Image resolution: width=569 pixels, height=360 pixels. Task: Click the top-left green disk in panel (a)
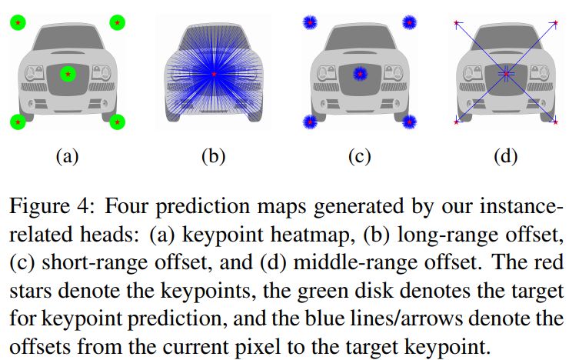point(18,22)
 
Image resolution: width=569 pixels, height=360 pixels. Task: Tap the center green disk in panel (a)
point(68,74)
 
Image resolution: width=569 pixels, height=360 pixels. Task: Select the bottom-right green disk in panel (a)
point(117,121)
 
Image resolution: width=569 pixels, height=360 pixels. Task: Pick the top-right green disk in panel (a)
point(117,22)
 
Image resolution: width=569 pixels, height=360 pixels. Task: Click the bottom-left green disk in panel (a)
point(18,121)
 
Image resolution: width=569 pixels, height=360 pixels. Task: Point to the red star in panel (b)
point(214,73)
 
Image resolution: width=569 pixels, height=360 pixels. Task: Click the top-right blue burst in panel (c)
point(408,22)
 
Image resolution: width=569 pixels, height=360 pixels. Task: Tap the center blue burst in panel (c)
point(359,74)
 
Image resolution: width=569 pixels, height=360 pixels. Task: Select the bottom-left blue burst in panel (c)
point(310,121)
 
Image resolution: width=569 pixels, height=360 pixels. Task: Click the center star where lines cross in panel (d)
point(506,74)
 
